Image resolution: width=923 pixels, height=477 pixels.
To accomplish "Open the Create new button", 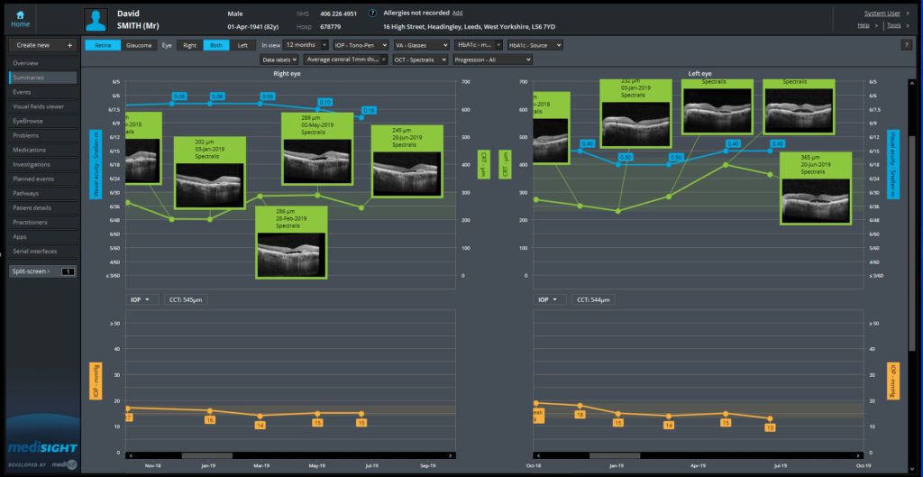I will click(x=43, y=45).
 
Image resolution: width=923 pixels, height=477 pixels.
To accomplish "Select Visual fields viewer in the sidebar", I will click(x=38, y=106).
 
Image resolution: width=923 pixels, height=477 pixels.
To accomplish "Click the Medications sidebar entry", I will click(x=30, y=150).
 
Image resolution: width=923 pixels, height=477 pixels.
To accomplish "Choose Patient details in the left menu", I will click(x=32, y=207).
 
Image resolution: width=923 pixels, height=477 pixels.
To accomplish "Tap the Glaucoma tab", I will click(x=138, y=44).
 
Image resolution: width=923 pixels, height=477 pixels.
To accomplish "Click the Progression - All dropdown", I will click(x=492, y=60).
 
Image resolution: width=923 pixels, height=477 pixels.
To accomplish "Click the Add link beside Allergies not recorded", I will click(x=457, y=14).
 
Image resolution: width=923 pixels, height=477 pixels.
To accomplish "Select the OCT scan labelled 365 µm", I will click(x=815, y=199).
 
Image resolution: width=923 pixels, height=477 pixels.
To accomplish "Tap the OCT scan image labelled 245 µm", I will click(x=407, y=172).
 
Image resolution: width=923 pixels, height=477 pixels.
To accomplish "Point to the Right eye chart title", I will click(x=288, y=73).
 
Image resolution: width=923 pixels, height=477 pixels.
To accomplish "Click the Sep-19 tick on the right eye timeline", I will click(x=428, y=466).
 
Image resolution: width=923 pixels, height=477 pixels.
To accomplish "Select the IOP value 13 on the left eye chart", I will click(x=770, y=427).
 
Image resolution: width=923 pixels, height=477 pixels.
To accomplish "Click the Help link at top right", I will click(x=864, y=25).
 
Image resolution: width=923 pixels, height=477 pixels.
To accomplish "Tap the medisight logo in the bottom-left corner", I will click(x=42, y=448).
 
